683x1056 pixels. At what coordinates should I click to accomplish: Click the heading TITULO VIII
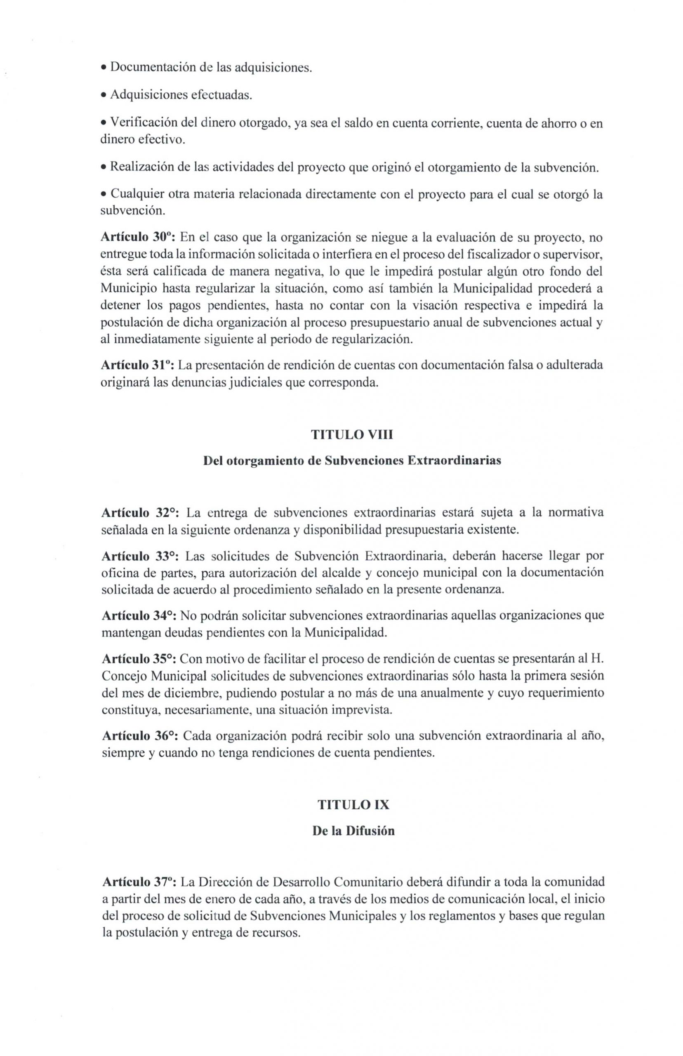353,435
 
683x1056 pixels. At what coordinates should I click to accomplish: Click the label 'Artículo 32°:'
140,513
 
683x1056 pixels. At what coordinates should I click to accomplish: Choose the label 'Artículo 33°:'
140,556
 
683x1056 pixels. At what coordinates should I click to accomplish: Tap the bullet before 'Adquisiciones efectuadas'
104,96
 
